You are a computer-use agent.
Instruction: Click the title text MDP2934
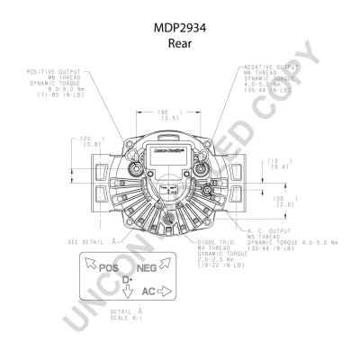point(179,28)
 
